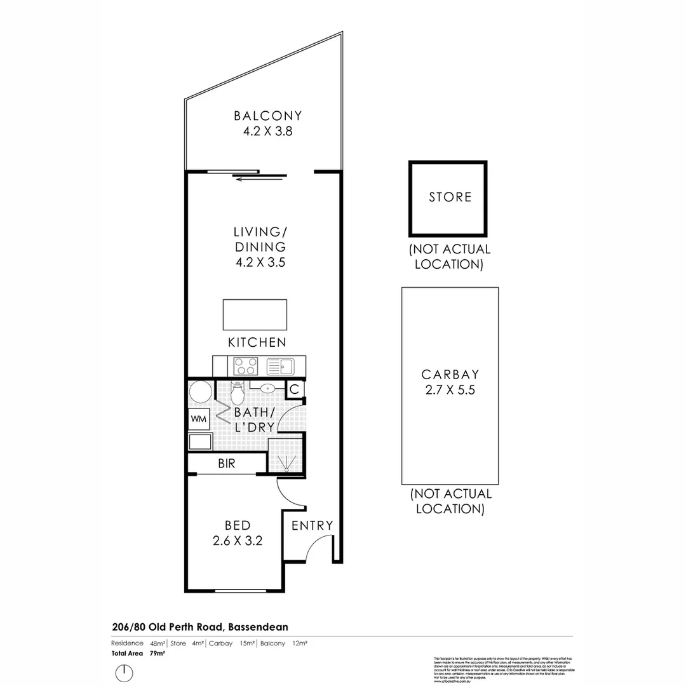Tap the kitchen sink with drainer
[x=279, y=367]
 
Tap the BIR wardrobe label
[x=227, y=464]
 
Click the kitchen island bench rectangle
[x=255, y=314]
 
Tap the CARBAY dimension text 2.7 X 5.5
[x=450, y=390]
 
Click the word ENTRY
[x=312, y=525]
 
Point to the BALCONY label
[x=267, y=116]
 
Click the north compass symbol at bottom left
[x=124, y=672]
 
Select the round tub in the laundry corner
[x=201, y=392]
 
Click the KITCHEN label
[x=257, y=342]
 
